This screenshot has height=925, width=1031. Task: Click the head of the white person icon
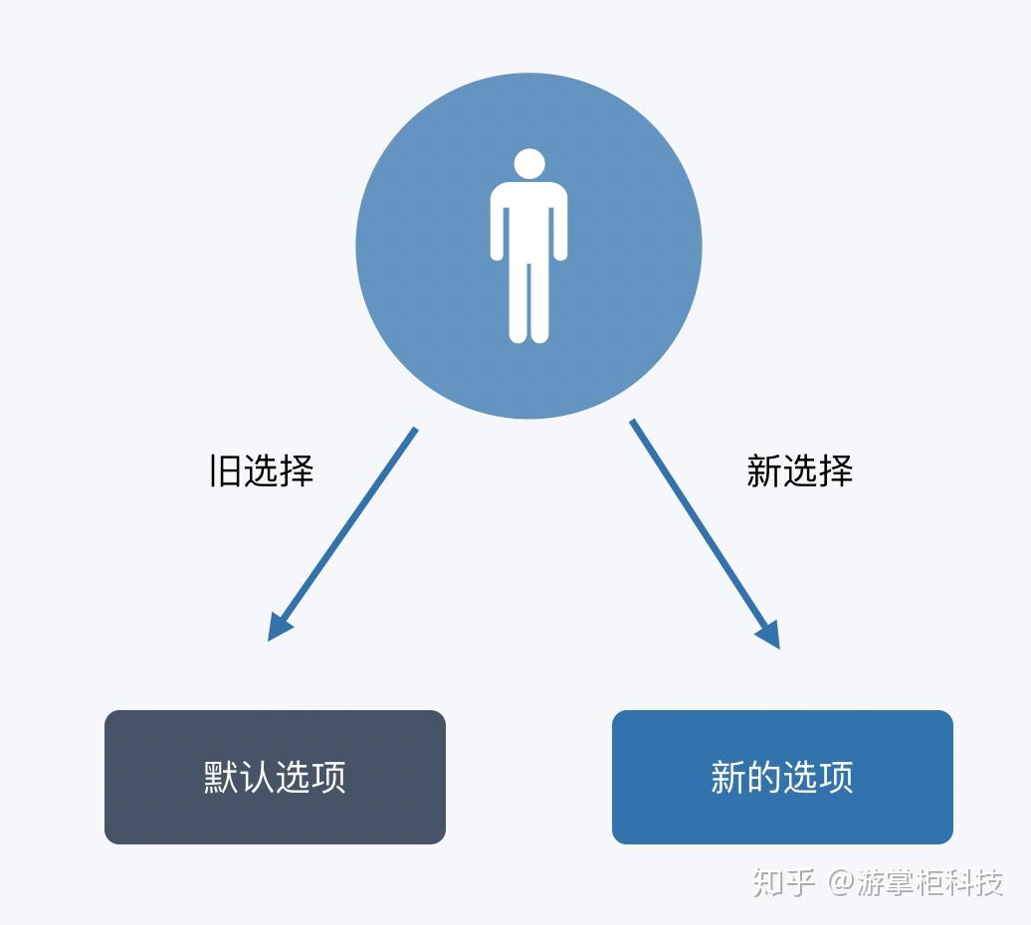529,163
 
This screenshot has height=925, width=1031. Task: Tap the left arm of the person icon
498,224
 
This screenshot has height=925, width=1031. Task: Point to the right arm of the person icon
560,224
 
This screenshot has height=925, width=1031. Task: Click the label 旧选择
261,470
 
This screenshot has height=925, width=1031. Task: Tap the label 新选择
799,470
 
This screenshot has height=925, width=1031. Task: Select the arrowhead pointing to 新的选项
769,634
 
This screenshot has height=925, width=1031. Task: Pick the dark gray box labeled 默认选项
275,777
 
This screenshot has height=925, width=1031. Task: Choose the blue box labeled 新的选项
782,777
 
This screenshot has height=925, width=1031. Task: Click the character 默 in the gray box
221,777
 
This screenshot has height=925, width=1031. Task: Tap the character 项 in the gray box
328,777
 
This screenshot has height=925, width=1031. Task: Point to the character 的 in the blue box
764,777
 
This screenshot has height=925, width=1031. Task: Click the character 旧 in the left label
225,470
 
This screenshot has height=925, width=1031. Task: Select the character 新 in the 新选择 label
764,470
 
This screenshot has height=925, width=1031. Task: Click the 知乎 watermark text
784,882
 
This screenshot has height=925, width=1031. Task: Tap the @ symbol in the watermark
841,882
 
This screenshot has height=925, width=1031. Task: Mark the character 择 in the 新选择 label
836,470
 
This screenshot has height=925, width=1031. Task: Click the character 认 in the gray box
257,777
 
